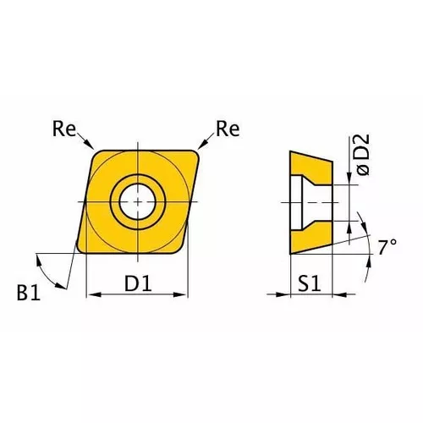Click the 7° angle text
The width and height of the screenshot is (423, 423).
(387, 247)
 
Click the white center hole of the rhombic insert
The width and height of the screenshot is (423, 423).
(137, 201)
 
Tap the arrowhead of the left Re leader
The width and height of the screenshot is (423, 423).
(91, 151)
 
